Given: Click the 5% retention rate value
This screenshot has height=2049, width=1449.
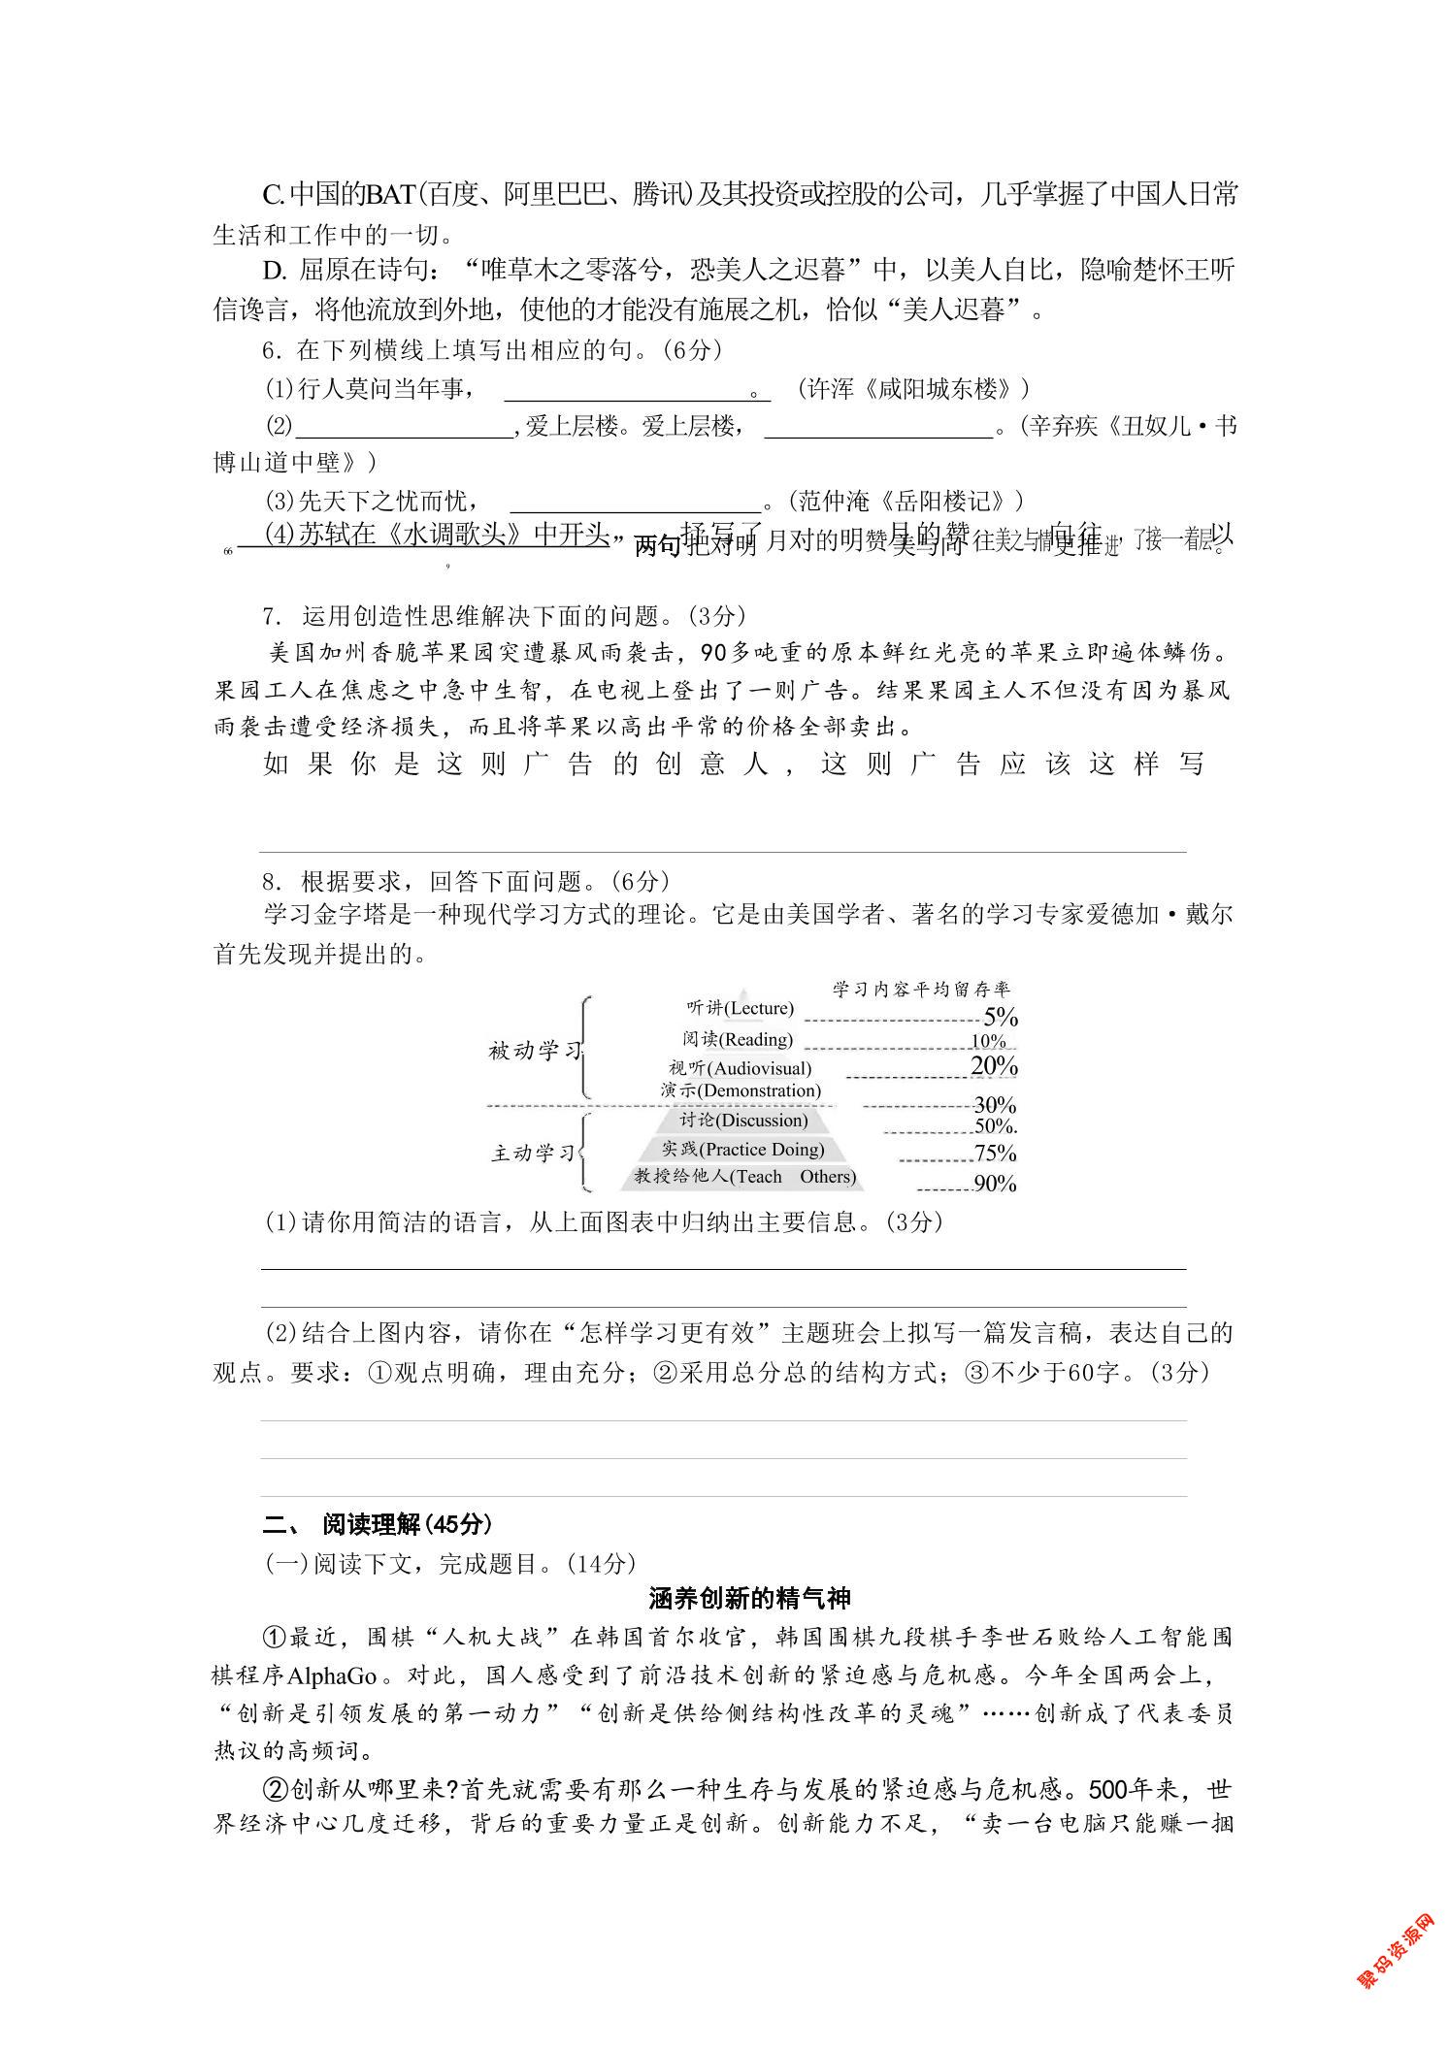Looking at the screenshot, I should pyautogui.click(x=1000, y=1017).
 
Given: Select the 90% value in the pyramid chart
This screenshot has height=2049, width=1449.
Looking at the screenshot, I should pyautogui.click(x=995, y=1184).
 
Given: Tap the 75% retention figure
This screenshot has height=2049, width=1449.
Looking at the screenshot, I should pyautogui.click(x=995, y=1154).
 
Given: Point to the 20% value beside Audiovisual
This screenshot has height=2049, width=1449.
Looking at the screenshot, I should pyautogui.click(x=994, y=1066).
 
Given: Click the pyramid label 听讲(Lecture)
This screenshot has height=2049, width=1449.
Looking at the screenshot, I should pyautogui.click(x=740, y=1008).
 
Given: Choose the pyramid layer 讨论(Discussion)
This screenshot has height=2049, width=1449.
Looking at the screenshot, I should pyautogui.click(x=743, y=1121).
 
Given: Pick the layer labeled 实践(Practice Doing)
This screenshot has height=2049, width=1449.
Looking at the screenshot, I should pyautogui.click(x=742, y=1150).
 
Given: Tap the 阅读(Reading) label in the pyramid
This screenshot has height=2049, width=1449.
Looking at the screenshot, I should pyautogui.click(x=738, y=1040).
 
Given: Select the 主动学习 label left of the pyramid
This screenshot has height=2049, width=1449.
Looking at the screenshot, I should pyautogui.click(x=534, y=1154).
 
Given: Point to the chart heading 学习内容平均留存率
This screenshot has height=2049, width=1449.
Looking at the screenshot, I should pyautogui.click(x=921, y=989).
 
